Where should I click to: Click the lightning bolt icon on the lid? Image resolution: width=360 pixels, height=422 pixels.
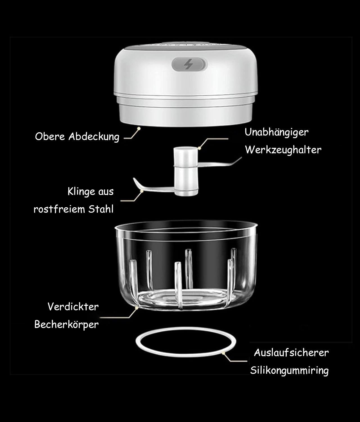click(x=188, y=64)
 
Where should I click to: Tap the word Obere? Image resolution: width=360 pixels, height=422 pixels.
click(x=50, y=136)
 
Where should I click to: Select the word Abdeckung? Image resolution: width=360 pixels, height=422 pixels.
click(x=94, y=137)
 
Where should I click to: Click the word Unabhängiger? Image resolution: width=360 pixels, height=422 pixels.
click(x=277, y=132)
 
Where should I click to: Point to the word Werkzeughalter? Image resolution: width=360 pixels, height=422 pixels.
click(x=283, y=150)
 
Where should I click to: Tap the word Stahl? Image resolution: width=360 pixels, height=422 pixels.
click(x=101, y=209)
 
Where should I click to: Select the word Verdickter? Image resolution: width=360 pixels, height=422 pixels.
click(x=73, y=307)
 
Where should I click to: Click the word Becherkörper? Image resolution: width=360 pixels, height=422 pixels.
click(x=67, y=324)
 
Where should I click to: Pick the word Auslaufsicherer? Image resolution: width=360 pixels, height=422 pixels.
click(x=291, y=353)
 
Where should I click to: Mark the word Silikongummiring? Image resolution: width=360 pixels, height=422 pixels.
click(x=289, y=371)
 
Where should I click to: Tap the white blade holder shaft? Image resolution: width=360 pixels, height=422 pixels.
click(x=186, y=172)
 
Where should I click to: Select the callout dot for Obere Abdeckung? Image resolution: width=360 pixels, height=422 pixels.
click(x=139, y=128)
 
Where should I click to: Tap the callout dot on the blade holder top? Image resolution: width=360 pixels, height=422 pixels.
click(x=199, y=148)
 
